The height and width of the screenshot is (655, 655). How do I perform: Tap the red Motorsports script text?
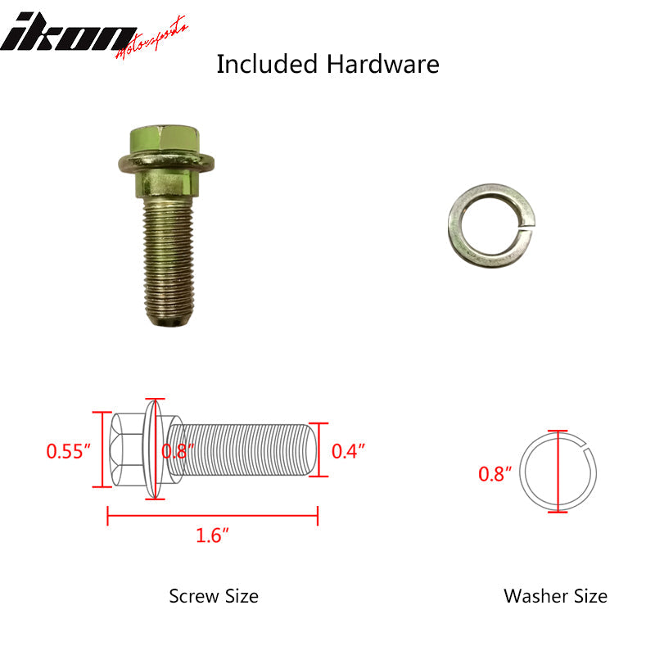pyautogui.click(x=152, y=38)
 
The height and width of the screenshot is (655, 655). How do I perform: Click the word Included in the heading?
pyautogui.click(x=267, y=64)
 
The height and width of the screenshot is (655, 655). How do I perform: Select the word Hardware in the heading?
pyautogui.click(x=382, y=64)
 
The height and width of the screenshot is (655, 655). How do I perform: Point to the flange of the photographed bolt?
pyautogui.click(x=166, y=163)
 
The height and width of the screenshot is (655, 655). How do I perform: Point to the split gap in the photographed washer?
pyautogui.click(x=527, y=224)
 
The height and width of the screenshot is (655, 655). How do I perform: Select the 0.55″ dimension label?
pyautogui.click(x=68, y=451)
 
